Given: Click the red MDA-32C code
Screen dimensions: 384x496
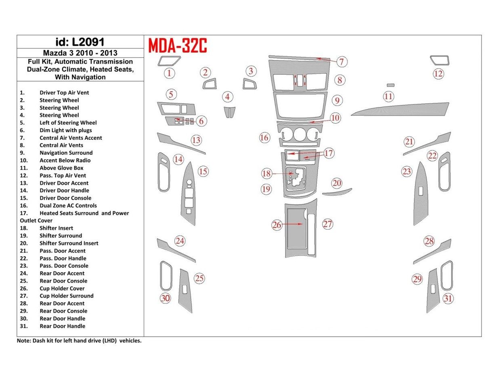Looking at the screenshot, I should [178, 46].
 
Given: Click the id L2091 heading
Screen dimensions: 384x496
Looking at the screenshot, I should [80, 42].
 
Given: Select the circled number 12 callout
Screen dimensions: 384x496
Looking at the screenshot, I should [438, 74].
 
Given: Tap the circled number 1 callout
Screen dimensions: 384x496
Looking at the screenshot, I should [169, 73].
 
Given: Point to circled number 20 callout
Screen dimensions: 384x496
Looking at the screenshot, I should [337, 183].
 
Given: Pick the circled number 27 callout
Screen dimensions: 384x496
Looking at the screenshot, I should [327, 224].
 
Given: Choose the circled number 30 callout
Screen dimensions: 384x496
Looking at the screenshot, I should [165, 299].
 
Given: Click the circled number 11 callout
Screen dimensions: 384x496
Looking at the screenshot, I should [388, 97].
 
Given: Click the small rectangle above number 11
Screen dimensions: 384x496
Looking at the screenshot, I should [390, 85].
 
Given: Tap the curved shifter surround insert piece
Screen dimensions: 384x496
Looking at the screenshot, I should [337, 192].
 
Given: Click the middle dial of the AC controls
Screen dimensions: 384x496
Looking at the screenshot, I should [299, 134].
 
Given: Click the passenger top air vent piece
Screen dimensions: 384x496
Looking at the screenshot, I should [439, 60].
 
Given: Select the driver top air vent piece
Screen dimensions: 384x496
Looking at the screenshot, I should [169, 61].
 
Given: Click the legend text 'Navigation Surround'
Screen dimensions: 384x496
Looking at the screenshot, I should [66, 153].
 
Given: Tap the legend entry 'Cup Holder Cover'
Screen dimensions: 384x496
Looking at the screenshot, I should [62, 288].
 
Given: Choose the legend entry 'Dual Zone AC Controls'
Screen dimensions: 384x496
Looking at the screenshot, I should [68, 205].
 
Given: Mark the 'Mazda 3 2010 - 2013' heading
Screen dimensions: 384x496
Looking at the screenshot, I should [80, 53].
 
